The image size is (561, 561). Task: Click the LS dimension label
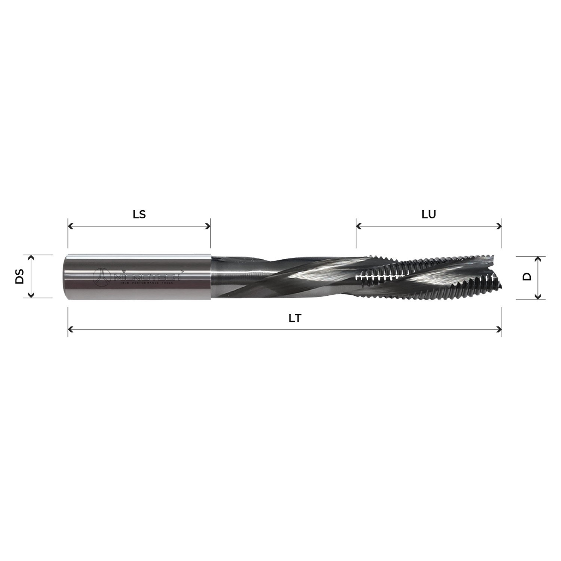[139, 214]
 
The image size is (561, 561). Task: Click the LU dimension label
[429, 214]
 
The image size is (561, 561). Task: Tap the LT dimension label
[295, 318]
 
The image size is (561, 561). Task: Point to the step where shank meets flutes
[211, 277]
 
